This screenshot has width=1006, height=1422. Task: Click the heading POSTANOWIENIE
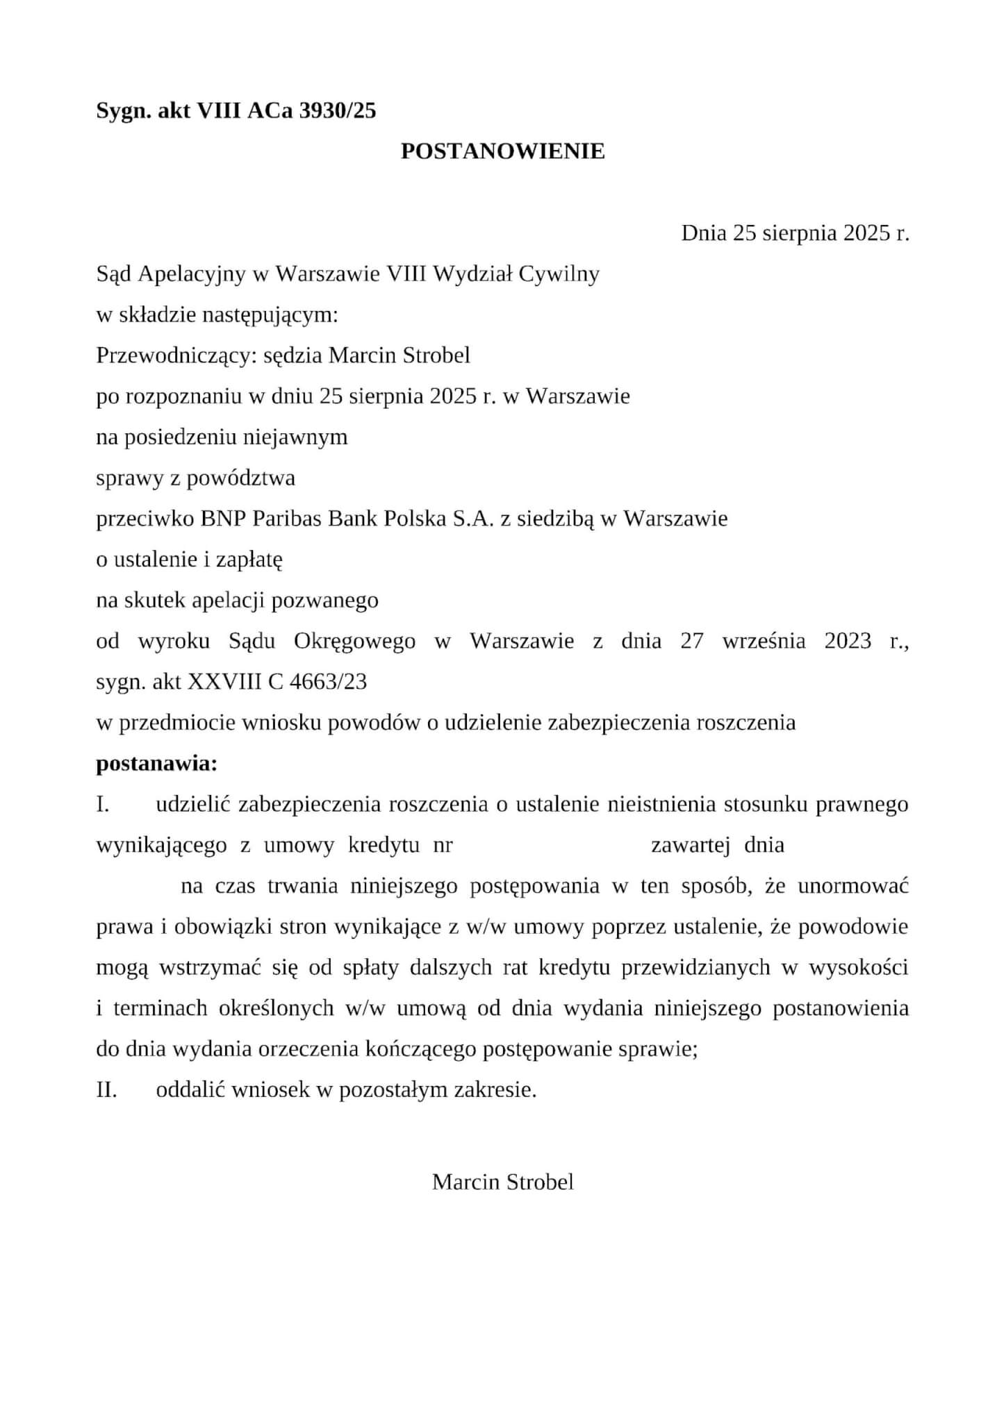502,151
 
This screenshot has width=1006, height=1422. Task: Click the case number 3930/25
337,110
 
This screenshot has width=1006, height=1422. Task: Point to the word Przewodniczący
176,355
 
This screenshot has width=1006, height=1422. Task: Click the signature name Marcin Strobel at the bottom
502,1182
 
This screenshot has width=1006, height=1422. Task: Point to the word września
764,641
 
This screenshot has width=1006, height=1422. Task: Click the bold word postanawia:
156,764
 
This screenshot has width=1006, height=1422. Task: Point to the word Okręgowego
354,641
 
